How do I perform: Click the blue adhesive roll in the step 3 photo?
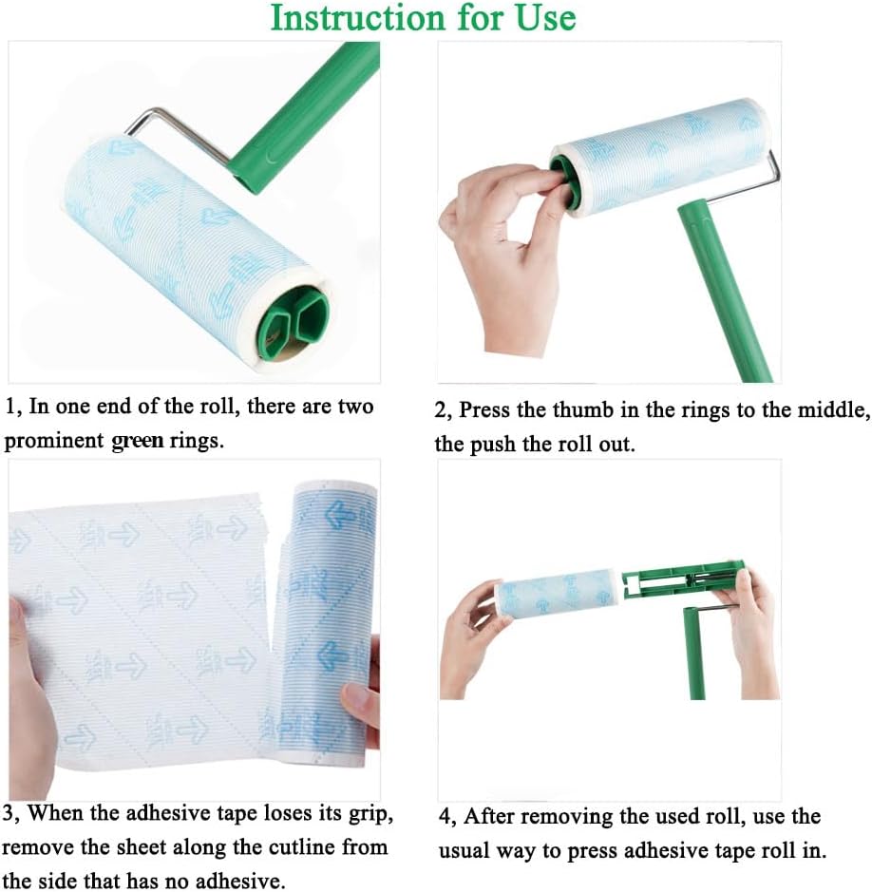327,617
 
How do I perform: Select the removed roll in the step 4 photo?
557,594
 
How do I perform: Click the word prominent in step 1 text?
54,442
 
